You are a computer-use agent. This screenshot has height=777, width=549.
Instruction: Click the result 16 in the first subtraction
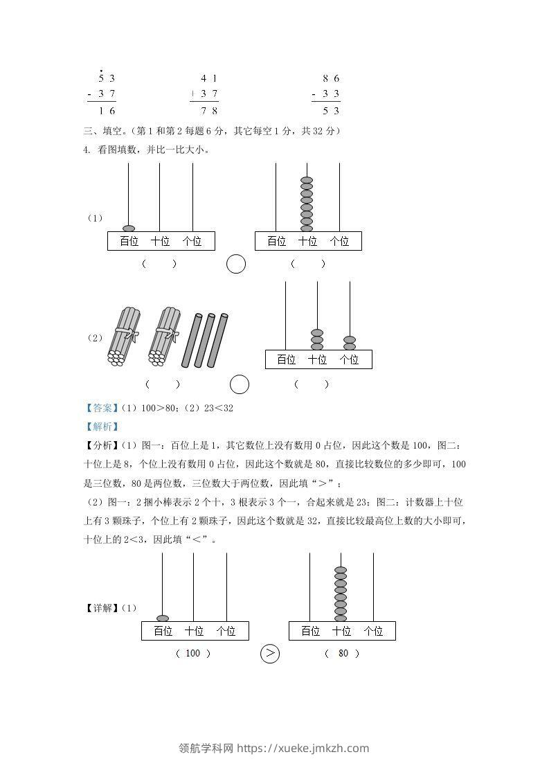[x=106, y=110]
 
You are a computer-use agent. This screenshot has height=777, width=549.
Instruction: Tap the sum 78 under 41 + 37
[x=209, y=110]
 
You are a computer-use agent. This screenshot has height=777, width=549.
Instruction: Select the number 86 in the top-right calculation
[x=331, y=78]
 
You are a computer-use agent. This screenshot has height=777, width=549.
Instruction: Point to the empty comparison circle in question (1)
[x=237, y=264]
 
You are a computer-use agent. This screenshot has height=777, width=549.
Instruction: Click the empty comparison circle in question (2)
[x=240, y=384]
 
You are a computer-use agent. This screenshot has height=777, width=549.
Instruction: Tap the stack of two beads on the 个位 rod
[x=350, y=343]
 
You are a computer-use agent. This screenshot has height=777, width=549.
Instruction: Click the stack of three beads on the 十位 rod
[x=317, y=339]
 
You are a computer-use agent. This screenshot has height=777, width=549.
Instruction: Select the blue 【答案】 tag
[x=100, y=408]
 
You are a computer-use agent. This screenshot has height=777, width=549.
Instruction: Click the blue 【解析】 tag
[x=100, y=427]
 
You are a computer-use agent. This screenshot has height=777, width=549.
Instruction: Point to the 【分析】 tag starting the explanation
[x=100, y=445]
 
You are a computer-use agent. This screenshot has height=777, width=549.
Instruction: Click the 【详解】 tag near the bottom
[x=100, y=608]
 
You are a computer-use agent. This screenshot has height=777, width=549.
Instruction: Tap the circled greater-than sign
[x=270, y=653]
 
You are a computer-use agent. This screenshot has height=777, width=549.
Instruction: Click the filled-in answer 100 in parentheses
[x=193, y=653]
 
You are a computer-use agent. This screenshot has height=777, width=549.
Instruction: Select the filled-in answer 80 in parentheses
[x=343, y=653]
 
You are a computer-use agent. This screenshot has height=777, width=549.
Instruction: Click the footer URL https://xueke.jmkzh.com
[x=303, y=748]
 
